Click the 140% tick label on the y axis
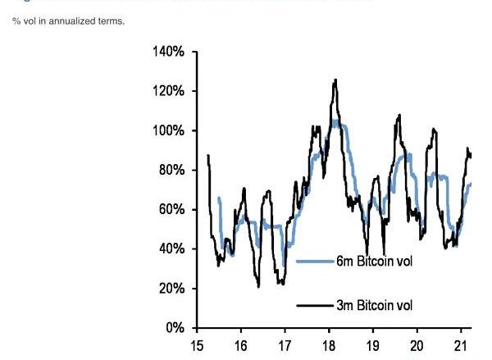point(168,52)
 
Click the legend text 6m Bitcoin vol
point(373,262)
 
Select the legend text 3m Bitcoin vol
point(373,306)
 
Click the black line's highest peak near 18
point(335,80)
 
